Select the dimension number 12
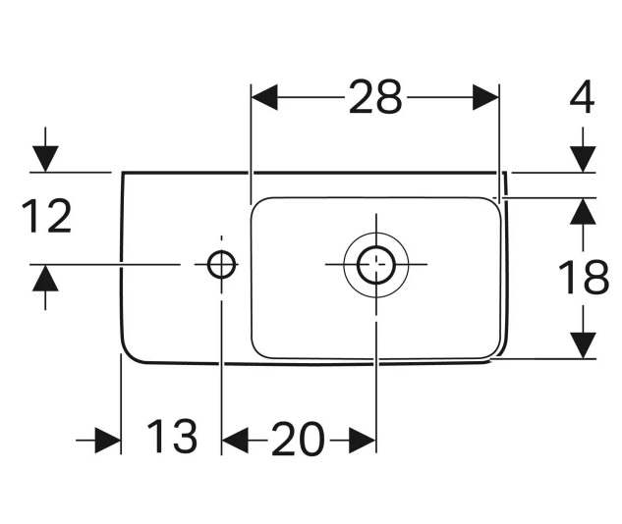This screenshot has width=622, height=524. pos(47,217)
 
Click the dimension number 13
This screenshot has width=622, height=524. pos(172,437)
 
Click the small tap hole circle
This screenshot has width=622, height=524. pos(221,263)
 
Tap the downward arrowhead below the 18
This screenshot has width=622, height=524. pos(584,345)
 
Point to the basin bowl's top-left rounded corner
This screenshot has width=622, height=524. pos(259,206)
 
